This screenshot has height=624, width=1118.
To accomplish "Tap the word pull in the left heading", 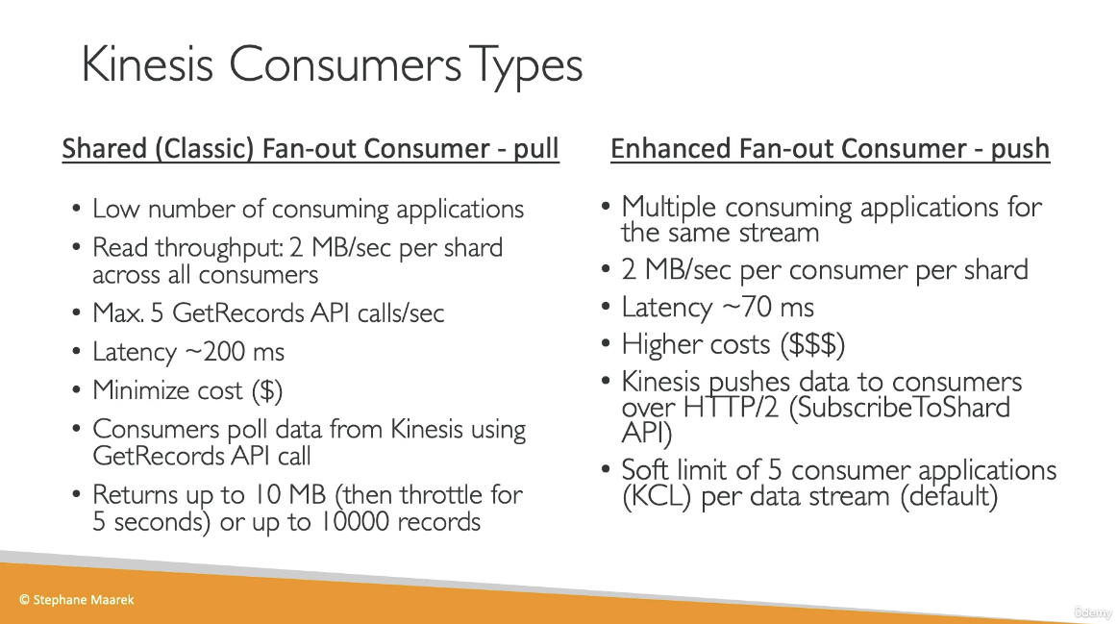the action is pyautogui.click(x=536, y=148).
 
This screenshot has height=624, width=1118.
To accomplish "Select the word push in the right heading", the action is pyautogui.click(x=1020, y=149).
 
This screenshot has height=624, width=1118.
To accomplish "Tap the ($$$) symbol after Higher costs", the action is pyautogui.click(x=812, y=344).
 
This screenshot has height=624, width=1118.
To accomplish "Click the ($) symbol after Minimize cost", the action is pyautogui.click(x=266, y=390).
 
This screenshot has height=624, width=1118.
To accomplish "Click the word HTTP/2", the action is pyautogui.click(x=731, y=408).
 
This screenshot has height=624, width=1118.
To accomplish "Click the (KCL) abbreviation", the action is pyautogui.click(x=657, y=496).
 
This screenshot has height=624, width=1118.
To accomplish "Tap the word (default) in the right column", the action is pyautogui.click(x=948, y=496).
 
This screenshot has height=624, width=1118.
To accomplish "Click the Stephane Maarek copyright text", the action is pyautogui.click(x=76, y=600).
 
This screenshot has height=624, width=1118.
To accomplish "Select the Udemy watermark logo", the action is pyautogui.click(x=1093, y=612).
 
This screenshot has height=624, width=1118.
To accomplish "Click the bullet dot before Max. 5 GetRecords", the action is pyautogui.click(x=76, y=313).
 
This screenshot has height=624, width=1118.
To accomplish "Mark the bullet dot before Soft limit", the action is pyautogui.click(x=606, y=469).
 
